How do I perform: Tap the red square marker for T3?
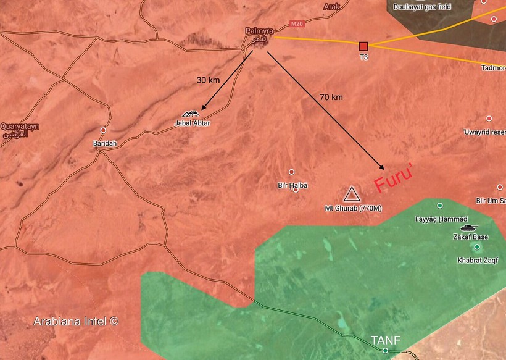pyautogui.click(x=363, y=46)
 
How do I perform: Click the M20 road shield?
pyautogui.click(x=297, y=24)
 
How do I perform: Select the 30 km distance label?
pyautogui.click(x=208, y=81)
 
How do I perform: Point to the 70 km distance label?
pyautogui.click(x=331, y=98)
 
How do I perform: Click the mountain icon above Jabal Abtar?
pyautogui.click(x=190, y=113)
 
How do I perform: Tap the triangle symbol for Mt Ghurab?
pyautogui.click(x=352, y=195)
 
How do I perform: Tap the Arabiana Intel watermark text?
pyautogui.click(x=76, y=321)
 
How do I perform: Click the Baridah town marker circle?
pyautogui.click(x=104, y=130)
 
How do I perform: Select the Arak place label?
pyautogui.click(x=331, y=7)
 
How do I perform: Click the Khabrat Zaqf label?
pyautogui.click(x=478, y=260)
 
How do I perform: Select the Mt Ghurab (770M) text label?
pyautogui.click(x=354, y=208)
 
